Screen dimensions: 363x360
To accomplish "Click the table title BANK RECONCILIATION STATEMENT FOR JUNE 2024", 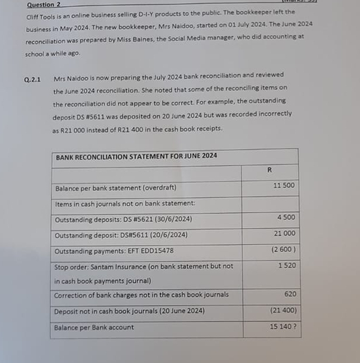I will [x=136, y=156].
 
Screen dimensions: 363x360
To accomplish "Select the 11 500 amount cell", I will [x=285, y=186].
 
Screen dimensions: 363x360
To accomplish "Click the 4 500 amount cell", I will [x=286, y=218].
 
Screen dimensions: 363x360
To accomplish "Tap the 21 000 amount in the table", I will [x=285, y=234].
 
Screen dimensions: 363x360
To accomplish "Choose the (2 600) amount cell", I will [x=284, y=249].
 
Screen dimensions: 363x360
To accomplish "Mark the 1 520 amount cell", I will [x=286, y=266].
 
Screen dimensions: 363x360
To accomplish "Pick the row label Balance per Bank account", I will [x=94, y=328].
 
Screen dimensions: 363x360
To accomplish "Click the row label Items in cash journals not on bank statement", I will [x=125, y=204].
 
